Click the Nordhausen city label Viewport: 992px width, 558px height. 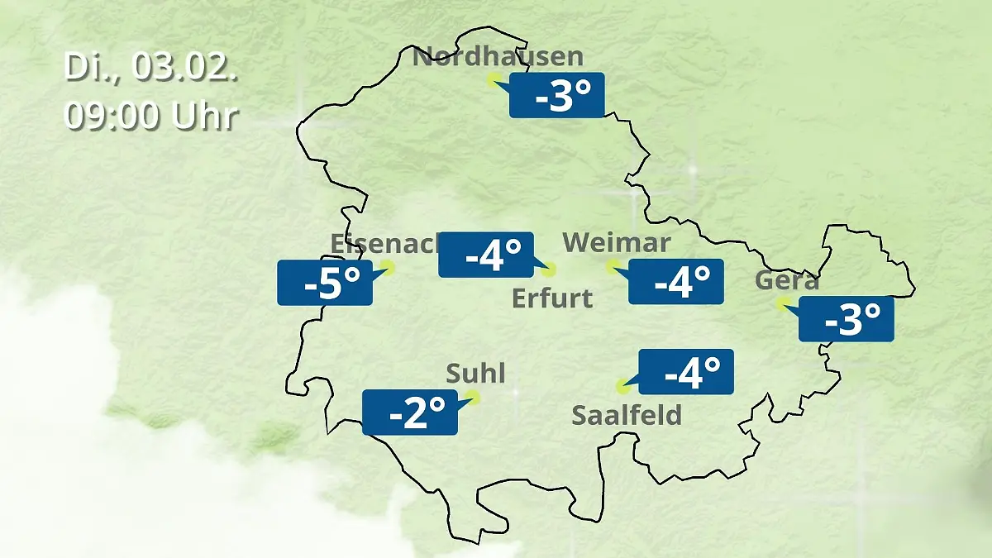click(x=498, y=57)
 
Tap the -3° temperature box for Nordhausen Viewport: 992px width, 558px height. click(x=558, y=95)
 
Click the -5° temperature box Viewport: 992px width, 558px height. click(x=325, y=283)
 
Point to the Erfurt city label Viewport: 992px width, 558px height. click(x=552, y=298)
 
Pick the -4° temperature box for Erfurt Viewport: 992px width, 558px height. click(x=486, y=255)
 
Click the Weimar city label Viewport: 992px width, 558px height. click(x=616, y=243)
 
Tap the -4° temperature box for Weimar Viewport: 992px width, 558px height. click(x=676, y=282)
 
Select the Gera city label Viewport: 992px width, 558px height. click(x=787, y=281)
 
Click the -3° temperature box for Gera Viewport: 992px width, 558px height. click(x=847, y=318)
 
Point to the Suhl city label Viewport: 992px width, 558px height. click(x=475, y=374)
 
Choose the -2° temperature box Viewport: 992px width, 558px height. click(x=410, y=412)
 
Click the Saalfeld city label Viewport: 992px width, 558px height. click(x=627, y=414)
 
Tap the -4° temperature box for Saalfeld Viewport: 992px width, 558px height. click(x=687, y=372)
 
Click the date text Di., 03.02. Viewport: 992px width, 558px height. click(x=151, y=68)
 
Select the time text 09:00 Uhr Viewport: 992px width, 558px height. click(x=151, y=116)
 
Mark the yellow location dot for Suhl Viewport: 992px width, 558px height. click(x=473, y=397)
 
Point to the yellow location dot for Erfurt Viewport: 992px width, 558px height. click(x=550, y=269)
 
